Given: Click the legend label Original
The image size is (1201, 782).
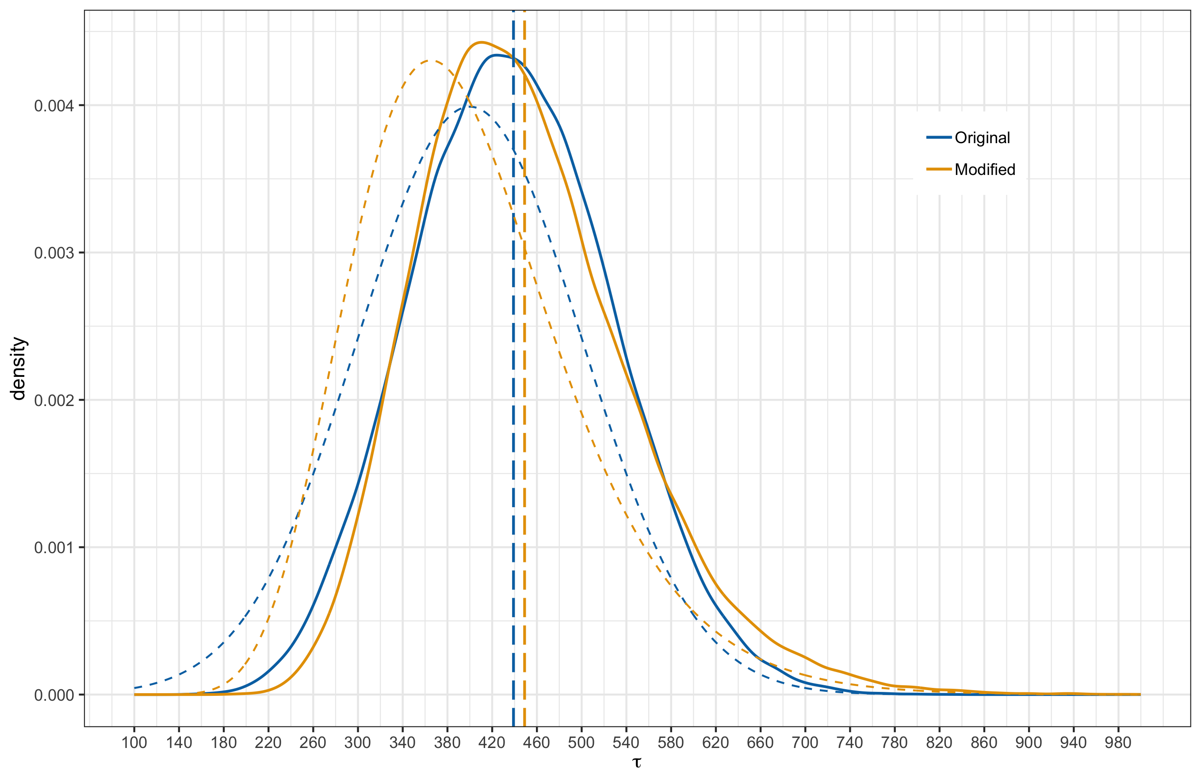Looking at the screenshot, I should (982, 138).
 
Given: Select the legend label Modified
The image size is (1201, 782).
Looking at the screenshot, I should (984, 169).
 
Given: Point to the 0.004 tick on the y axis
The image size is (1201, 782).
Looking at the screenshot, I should (54, 106).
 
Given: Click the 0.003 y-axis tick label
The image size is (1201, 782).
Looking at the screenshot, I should (54, 253).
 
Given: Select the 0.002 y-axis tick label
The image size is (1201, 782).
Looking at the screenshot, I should (54, 400).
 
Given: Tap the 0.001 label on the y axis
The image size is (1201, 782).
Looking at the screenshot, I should (54, 547).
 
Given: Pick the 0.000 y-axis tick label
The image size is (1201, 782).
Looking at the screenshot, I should (54, 695).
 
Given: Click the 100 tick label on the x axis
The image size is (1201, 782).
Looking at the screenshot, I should (134, 743).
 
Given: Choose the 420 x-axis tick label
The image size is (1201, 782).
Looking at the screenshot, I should (492, 743).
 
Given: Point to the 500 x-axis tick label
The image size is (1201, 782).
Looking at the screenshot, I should (581, 743).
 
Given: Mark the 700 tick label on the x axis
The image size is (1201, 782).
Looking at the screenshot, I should (805, 743).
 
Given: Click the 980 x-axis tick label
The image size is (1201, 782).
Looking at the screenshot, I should (1118, 743).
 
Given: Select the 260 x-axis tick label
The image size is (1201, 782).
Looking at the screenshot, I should (313, 743).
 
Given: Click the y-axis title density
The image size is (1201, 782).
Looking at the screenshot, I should (19, 368).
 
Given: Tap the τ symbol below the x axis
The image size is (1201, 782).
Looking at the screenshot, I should (637, 762).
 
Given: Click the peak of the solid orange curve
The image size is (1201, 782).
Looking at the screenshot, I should (481, 42).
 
